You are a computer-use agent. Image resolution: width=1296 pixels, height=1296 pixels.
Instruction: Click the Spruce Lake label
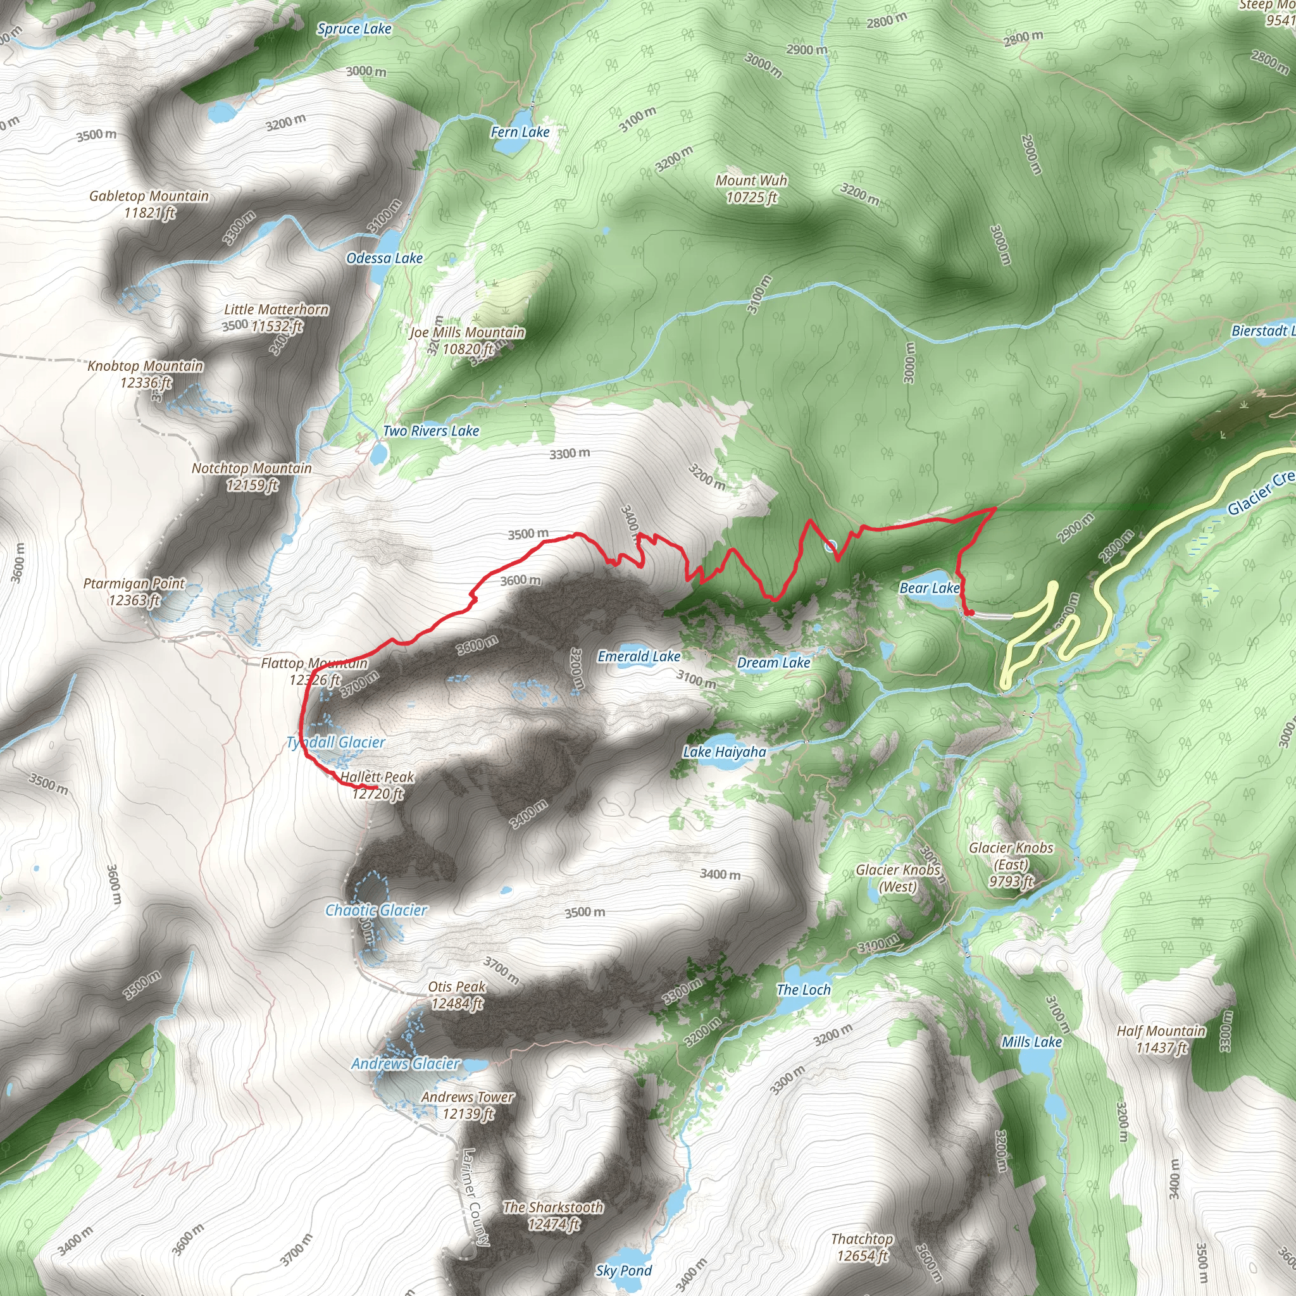click(x=354, y=29)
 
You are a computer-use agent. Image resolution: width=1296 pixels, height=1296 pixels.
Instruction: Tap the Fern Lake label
click(x=520, y=132)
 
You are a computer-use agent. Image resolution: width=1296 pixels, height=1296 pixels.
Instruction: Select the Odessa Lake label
click(x=384, y=258)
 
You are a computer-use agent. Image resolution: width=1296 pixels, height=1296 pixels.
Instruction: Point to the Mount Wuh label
click(x=751, y=189)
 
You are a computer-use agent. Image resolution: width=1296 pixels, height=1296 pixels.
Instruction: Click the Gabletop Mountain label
click(x=149, y=204)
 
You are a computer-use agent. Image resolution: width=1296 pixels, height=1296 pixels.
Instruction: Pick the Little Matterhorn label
click(x=276, y=317)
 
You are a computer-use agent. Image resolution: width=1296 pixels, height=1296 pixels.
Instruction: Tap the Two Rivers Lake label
click(x=431, y=432)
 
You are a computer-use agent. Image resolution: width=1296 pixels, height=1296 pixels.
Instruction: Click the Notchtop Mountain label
click(x=252, y=477)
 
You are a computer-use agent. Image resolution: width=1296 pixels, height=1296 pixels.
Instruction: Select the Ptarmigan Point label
click(x=134, y=592)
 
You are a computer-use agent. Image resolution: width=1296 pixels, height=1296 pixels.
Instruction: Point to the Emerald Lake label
click(x=639, y=657)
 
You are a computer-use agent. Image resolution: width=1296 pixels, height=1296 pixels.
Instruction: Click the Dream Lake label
click(x=773, y=663)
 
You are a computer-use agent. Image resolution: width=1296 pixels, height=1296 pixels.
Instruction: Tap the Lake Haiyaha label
click(x=725, y=752)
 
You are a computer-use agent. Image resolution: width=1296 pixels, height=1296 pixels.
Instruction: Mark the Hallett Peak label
click(x=377, y=785)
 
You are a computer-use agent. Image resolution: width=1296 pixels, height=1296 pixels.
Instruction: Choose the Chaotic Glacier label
click(x=376, y=910)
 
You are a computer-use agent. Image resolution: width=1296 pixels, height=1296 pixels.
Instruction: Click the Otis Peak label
click(x=457, y=995)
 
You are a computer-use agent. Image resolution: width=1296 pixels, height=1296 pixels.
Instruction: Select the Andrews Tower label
click(x=468, y=1105)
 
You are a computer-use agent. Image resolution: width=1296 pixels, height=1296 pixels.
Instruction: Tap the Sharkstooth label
click(x=554, y=1216)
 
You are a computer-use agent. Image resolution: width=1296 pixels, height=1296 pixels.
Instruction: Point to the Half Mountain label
click(x=1161, y=1039)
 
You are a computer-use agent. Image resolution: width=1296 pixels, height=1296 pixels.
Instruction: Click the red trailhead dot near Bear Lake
click(x=970, y=613)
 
